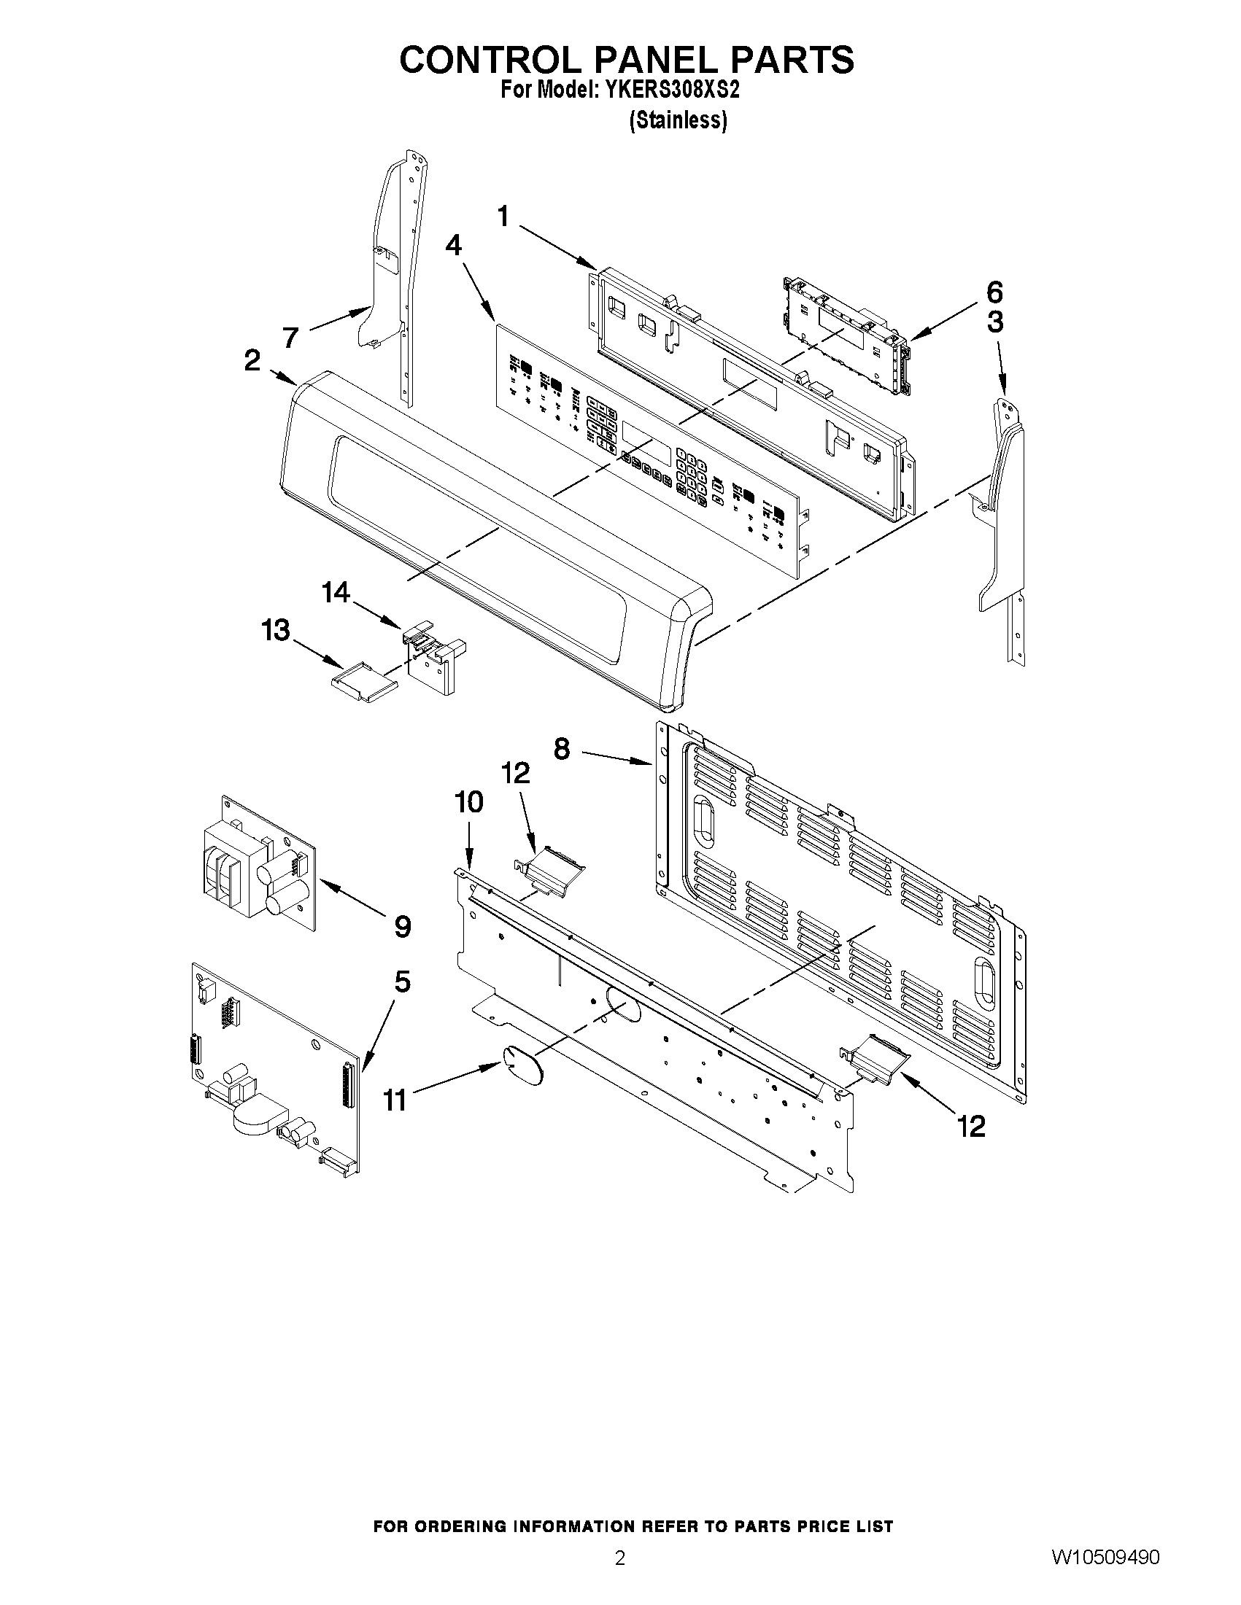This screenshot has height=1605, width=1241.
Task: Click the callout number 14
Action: tap(336, 592)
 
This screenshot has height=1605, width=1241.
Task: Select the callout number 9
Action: tap(402, 927)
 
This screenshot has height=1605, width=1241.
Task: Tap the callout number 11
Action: tap(395, 1101)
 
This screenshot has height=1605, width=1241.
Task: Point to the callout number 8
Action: tap(562, 750)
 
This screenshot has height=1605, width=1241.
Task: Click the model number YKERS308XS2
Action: tap(672, 90)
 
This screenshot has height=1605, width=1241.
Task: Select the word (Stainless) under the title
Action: tap(678, 120)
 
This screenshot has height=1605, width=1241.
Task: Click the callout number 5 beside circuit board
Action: tap(402, 982)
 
